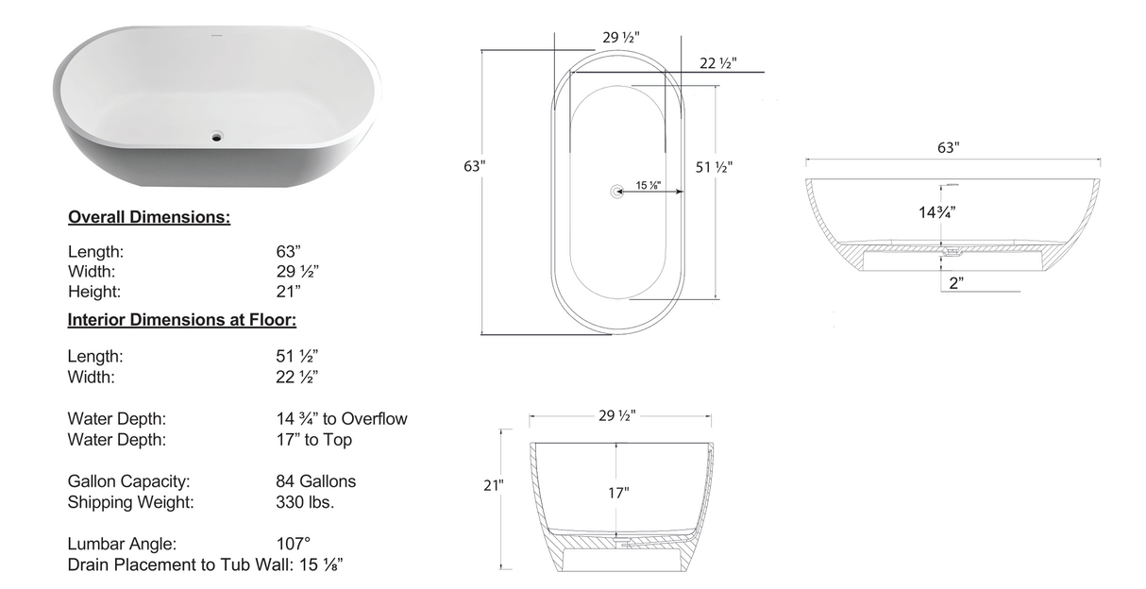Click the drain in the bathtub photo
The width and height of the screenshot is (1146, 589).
218,137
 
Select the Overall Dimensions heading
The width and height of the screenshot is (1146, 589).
149,218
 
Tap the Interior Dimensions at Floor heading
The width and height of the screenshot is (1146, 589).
182,320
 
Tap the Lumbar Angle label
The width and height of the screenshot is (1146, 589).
122,545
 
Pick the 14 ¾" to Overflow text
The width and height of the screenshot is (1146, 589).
341,419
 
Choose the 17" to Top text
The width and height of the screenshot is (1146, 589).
313,440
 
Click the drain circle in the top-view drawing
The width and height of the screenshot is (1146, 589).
618,191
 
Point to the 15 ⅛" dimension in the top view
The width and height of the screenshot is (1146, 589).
649,185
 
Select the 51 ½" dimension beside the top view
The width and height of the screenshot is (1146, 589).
715,167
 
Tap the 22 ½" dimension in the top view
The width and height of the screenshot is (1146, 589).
718,64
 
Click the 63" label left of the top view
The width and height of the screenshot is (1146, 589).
475,166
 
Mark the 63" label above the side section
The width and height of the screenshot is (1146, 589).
948,148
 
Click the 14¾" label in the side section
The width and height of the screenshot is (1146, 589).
938,212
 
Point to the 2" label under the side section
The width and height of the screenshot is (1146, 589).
955,282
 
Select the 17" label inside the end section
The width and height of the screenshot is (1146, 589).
618,493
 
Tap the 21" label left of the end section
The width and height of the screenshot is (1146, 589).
494,486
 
